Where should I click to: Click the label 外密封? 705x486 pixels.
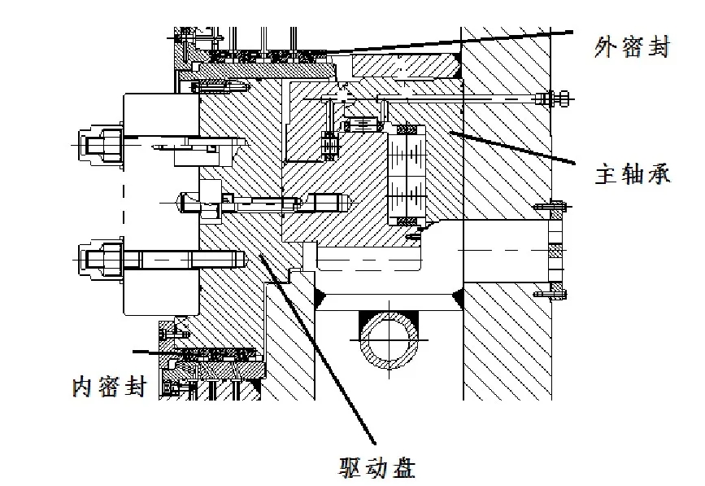633,49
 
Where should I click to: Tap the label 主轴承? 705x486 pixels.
633,173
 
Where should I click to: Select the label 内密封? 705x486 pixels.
108,386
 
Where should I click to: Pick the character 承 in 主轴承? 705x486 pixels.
659,173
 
